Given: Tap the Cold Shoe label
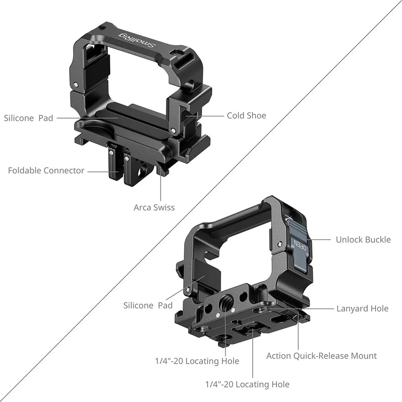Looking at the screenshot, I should [246, 116].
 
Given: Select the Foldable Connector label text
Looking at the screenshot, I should [46, 170].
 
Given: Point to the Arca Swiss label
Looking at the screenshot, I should [154, 208].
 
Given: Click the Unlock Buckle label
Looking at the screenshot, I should [363, 240].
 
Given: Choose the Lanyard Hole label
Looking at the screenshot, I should [362, 309].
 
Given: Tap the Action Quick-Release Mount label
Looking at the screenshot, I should [322, 356].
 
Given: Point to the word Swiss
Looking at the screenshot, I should [164, 208].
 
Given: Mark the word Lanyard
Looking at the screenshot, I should [352, 309].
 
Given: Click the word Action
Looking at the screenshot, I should [279, 356].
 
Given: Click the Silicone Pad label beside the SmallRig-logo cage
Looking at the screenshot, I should [29, 118].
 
